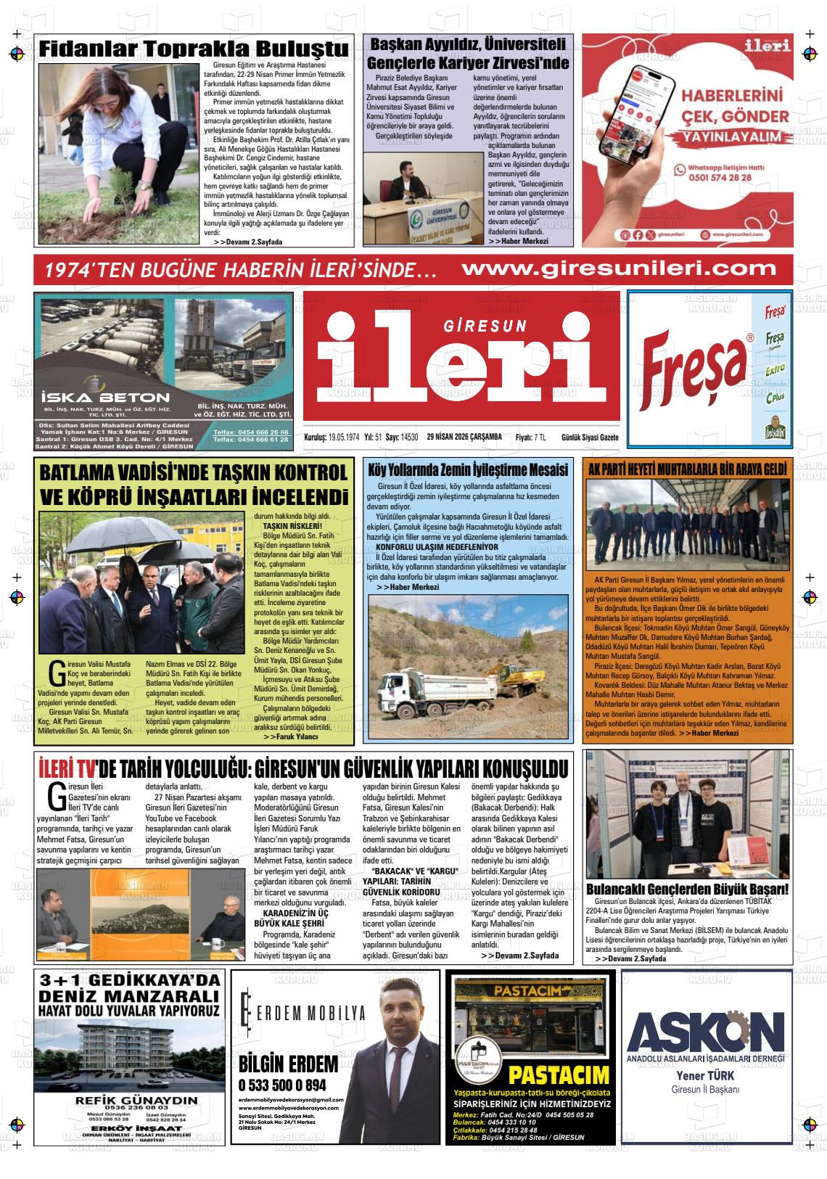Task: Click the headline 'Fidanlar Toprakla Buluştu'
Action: coord(194,49)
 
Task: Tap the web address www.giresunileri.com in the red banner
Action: coord(619,268)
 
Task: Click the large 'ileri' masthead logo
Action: coord(462,358)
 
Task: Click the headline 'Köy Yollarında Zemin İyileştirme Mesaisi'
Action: coord(468,469)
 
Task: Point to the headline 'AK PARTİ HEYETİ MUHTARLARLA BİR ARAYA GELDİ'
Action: coord(687,469)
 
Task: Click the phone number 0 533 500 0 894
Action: coord(282,1085)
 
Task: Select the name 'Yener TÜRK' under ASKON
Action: coord(706,1075)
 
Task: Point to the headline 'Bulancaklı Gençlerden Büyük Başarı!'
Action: coord(686,890)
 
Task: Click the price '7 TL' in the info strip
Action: coord(540,437)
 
